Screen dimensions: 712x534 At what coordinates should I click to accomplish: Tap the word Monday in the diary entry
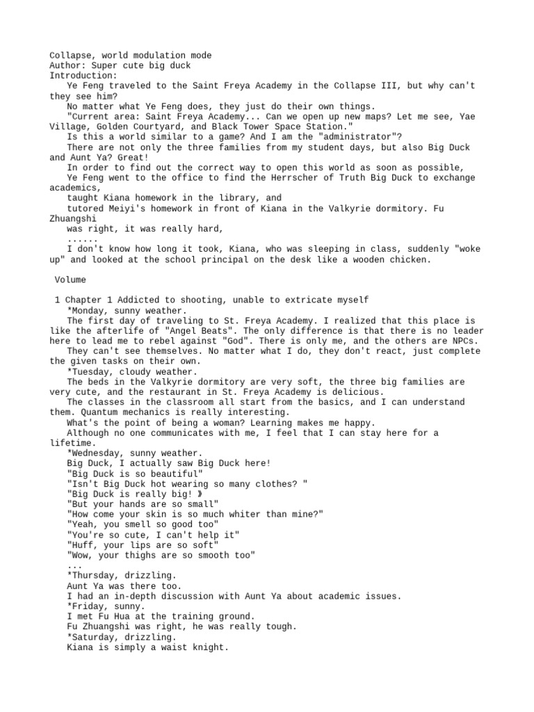(88, 310)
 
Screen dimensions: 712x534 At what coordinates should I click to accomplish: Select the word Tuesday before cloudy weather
(90, 371)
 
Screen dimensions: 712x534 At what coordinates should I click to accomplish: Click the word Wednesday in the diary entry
(97, 453)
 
